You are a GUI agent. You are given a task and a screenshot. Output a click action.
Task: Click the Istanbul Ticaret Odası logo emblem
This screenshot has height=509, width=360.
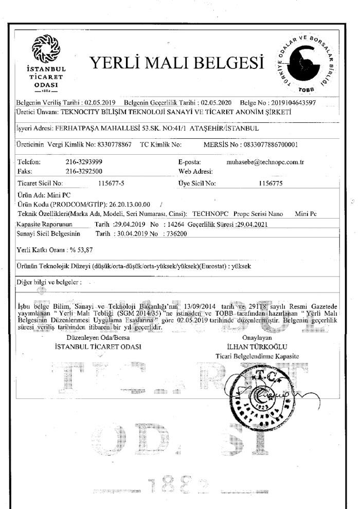coord(46,49)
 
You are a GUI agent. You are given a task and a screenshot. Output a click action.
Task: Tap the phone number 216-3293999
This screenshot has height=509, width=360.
coord(84,161)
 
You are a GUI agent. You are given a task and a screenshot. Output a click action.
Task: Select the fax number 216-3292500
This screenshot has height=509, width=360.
coord(84,170)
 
